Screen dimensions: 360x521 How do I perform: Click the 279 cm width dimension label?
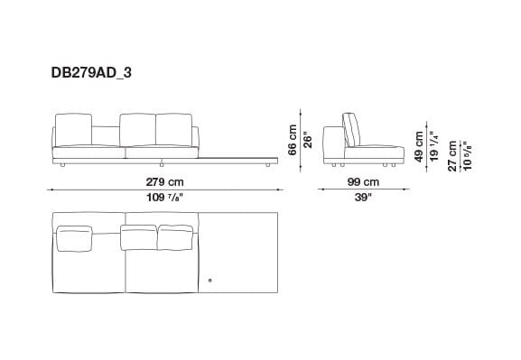pyautogui.click(x=163, y=181)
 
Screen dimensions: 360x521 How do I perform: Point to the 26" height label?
pyautogui.click(x=307, y=141)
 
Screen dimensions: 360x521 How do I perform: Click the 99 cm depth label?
pyautogui.click(x=361, y=181)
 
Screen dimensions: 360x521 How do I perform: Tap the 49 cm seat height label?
pyautogui.click(x=418, y=144)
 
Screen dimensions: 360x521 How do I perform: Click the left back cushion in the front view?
pyautogui.click(x=73, y=130)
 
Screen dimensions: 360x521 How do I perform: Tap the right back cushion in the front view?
pyautogui.click(x=176, y=130)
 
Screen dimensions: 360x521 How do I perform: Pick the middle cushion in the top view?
pyautogui.click(x=138, y=237)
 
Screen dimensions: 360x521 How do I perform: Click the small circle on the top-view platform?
pyautogui.click(x=209, y=282)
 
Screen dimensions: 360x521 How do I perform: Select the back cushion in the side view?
pyautogui.click(x=349, y=132)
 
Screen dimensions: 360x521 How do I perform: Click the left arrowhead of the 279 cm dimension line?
pyautogui.click(x=53, y=189)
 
